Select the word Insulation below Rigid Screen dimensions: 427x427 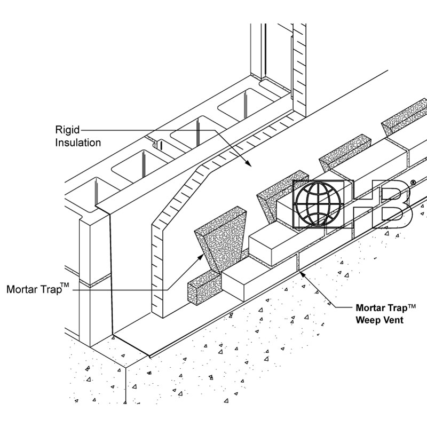click(78, 143)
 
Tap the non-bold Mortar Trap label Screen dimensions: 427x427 click(33, 290)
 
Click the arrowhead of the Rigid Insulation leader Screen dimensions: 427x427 click(247, 163)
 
